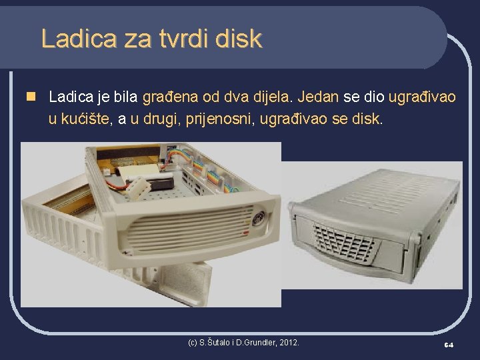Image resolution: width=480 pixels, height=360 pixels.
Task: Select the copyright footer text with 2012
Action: pyautogui.click(x=244, y=343)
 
